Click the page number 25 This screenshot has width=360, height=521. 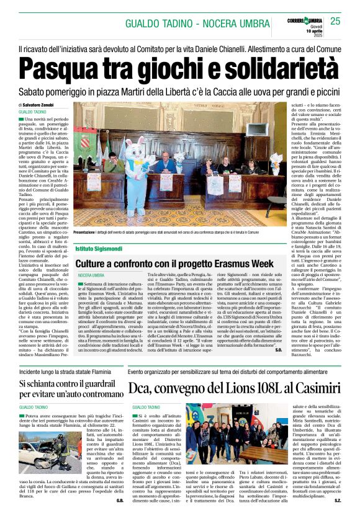(x=335, y=21)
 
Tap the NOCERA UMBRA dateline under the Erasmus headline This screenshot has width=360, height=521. (x=91, y=275)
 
